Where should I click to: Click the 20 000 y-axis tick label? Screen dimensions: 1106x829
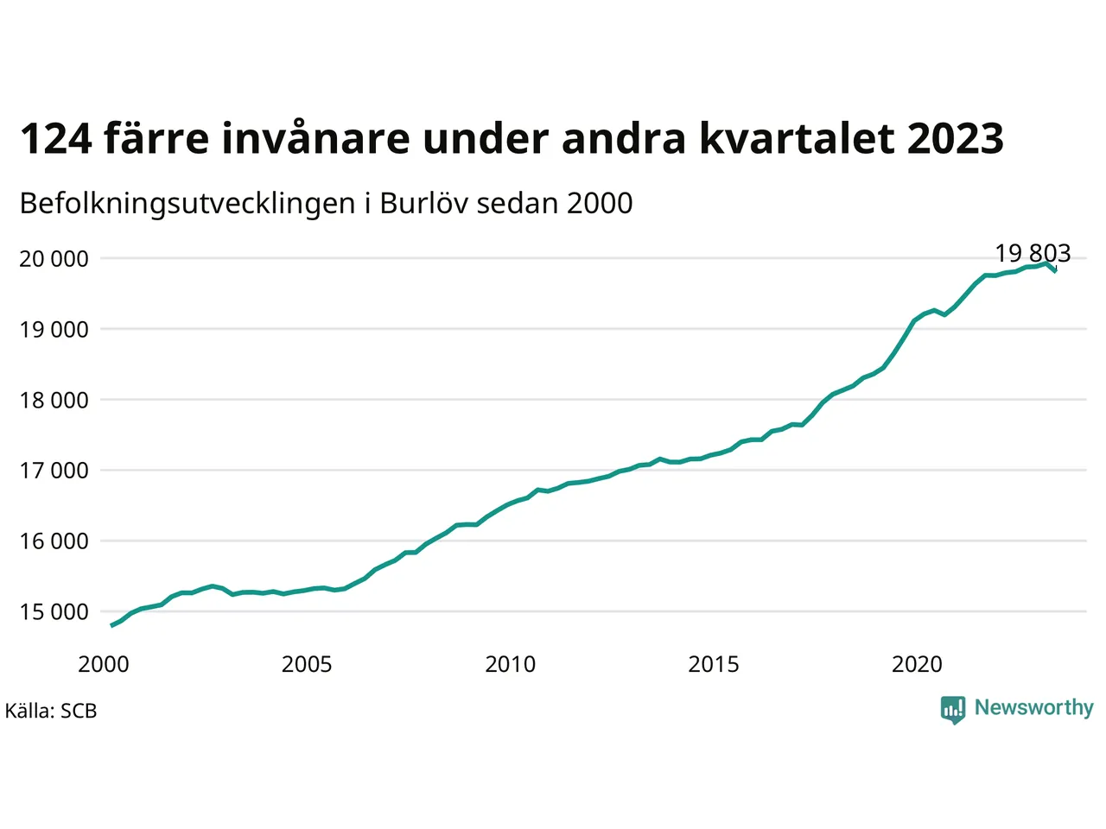(x=54, y=259)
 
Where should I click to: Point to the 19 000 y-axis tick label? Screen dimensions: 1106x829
(x=54, y=330)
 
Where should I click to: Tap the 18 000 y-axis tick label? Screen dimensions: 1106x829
(x=54, y=401)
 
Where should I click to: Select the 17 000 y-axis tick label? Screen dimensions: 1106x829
(x=54, y=471)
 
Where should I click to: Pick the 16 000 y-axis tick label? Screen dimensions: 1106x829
(x=54, y=541)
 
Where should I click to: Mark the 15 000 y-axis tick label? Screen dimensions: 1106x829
(x=54, y=612)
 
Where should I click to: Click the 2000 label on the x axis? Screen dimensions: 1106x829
(x=104, y=665)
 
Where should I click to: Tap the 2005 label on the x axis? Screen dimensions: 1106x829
(x=307, y=665)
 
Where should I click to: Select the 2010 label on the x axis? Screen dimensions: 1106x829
(x=511, y=665)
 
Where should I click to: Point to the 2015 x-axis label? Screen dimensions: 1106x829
(x=714, y=665)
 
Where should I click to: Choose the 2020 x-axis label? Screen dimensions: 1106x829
(x=917, y=665)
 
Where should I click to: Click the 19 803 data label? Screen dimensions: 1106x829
(x=1033, y=253)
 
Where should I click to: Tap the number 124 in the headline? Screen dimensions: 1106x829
(x=56, y=138)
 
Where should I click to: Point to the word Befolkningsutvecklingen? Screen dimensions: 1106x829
(x=188, y=204)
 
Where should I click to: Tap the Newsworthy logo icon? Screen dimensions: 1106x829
(x=953, y=710)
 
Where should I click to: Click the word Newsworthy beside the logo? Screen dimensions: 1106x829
(x=1034, y=708)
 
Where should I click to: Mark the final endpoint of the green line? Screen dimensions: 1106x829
(x=1056, y=271)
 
